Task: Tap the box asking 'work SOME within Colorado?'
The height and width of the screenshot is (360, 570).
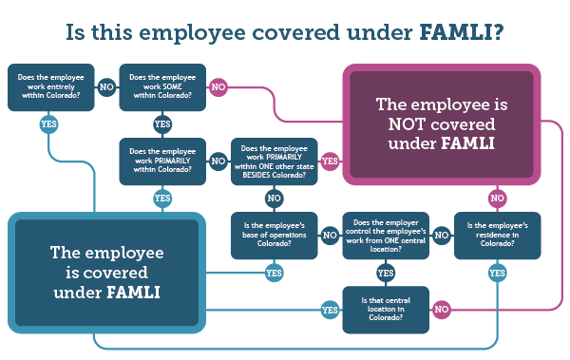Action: tap(162, 87)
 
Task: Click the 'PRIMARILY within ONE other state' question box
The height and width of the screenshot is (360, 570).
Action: tap(275, 161)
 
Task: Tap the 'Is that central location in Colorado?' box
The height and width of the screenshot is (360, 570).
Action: tap(386, 310)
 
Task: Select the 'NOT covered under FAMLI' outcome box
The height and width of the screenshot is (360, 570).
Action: tap(441, 124)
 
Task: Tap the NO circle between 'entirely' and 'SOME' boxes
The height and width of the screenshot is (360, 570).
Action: tap(107, 87)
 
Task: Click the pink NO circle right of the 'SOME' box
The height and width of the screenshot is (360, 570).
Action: tap(218, 87)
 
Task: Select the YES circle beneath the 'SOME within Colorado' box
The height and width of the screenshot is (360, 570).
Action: tap(162, 124)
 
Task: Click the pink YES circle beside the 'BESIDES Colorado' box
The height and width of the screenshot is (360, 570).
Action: tap(330, 161)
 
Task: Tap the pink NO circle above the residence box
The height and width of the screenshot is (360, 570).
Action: tap(497, 199)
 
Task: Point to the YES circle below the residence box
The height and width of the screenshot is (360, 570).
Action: tap(497, 273)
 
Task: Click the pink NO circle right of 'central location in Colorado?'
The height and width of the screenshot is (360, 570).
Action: tap(441, 310)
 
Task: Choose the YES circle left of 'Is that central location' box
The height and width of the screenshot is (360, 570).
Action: tap(330, 310)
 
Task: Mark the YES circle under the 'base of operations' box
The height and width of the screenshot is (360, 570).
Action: tap(275, 273)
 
